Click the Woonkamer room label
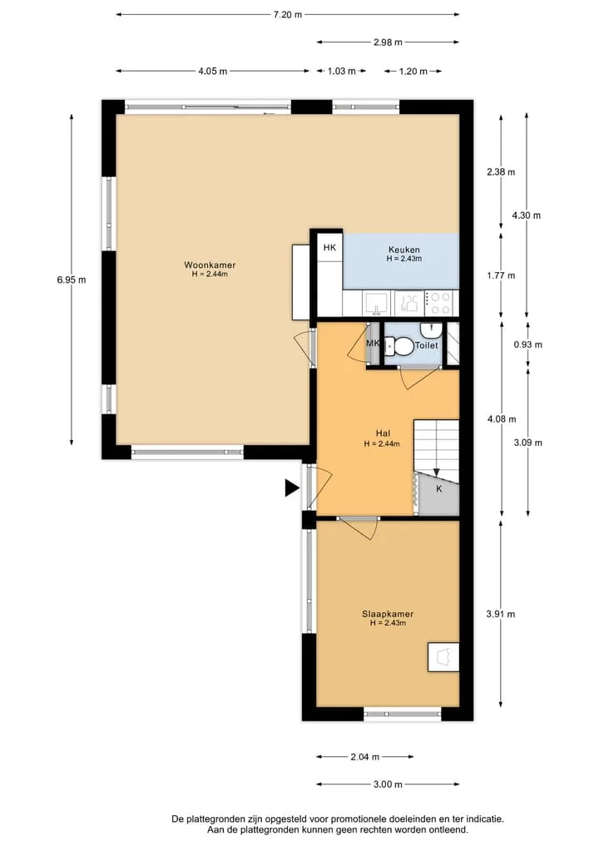pos(210,265)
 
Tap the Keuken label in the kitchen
pos(404,250)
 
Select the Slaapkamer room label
pos(388,614)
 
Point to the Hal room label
pos(383,433)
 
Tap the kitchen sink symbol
pos(377,303)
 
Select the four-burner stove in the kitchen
pos(439,304)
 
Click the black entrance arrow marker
pos(292,488)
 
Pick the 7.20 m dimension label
pos(288,15)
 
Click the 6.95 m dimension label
pos(72,280)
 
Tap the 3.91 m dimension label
pos(501,614)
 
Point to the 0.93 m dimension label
pos(527,344)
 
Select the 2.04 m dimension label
pos(364,757)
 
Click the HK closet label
pos(329,248)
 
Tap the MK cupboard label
pos(373,344)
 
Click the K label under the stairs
pos(439,489)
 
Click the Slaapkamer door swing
pos(359,527)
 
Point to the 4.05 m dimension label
pos(213,72)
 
